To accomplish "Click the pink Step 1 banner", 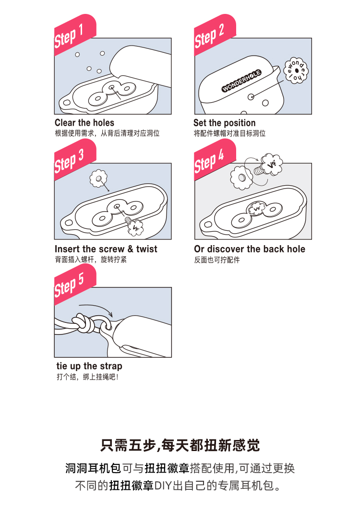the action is click(x=75, y=35).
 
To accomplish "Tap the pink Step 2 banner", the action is click(x=215, y=35).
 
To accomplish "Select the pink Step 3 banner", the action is click(x=75, y=160).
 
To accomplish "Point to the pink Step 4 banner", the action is click(x=215, y=160).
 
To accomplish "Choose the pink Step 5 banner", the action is click(x=75, y=285).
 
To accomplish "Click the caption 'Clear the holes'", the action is click(x=84, y=123).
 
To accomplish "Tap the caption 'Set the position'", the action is click(x=225, y=123).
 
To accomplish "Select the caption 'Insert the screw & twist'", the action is click(x=106, y=249).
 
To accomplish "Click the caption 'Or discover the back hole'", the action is click(x=250, y=249).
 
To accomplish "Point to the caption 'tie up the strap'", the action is click(x=89, y=366).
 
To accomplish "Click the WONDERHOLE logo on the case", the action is click(x=242, y=81).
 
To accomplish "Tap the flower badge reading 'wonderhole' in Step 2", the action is click(x=296, y=71).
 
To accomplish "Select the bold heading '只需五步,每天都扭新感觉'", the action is click(x=180, y=445).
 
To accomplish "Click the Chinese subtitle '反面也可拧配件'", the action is click(x=217, y=260).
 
